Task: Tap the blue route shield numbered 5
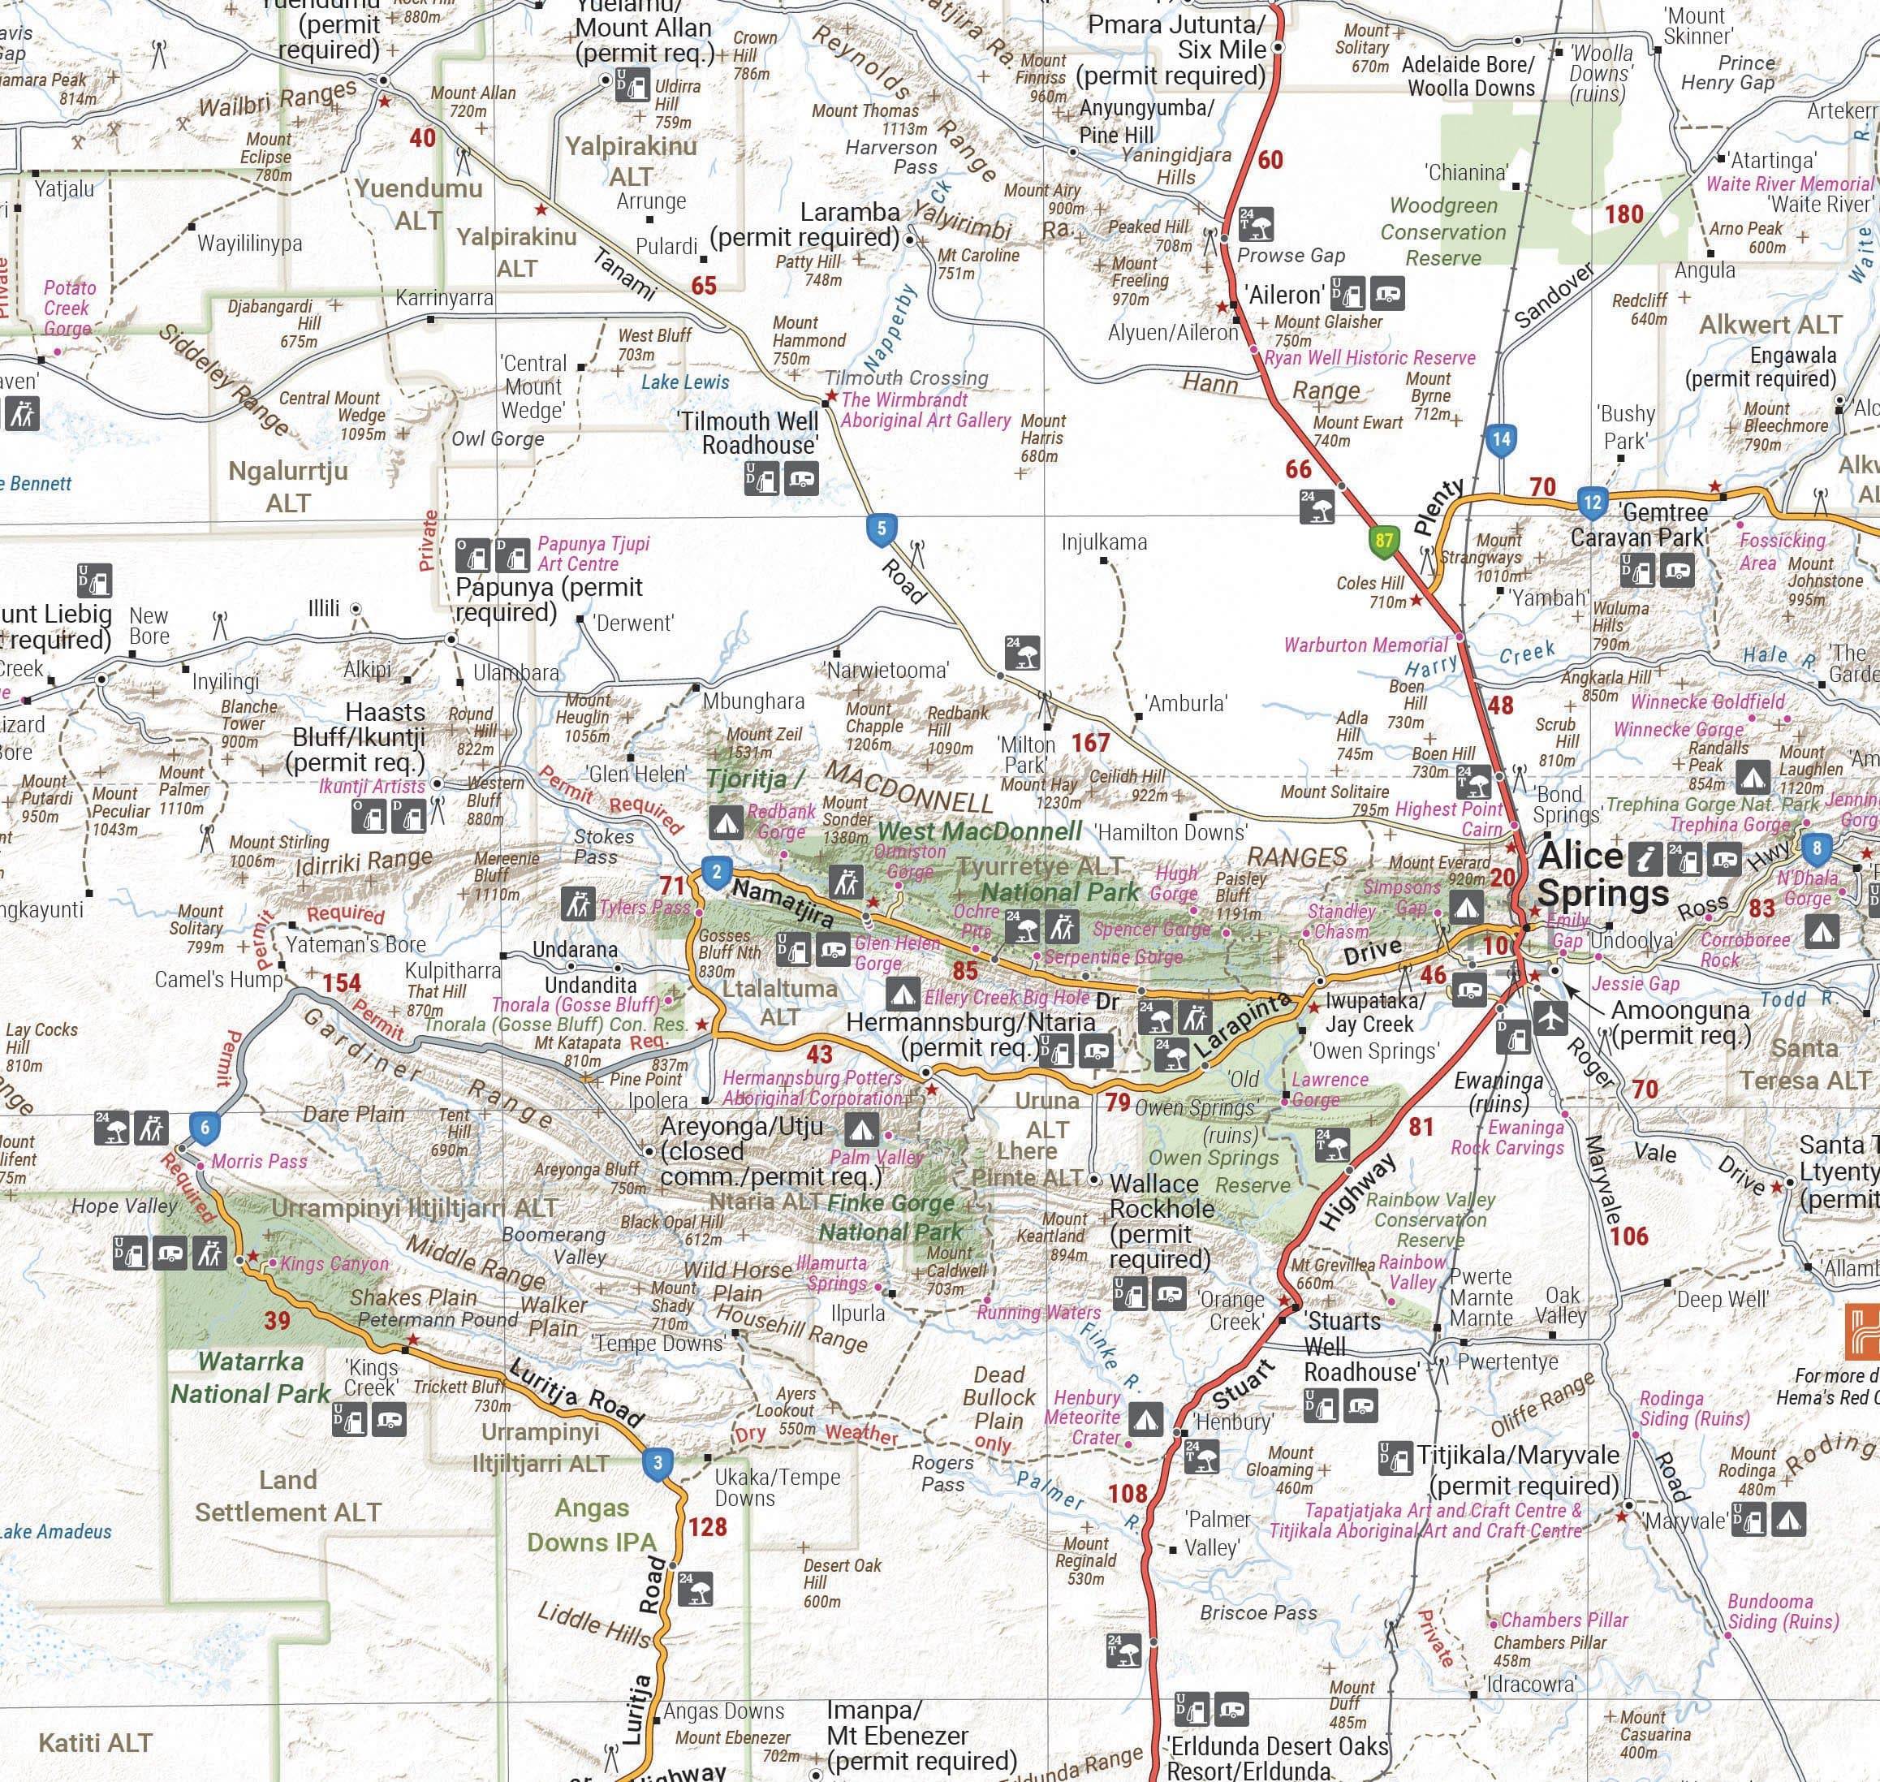[x=882, y=529]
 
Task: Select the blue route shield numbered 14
[x=1500, y=439]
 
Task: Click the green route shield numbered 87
[x=1384, y=542]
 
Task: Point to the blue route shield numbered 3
[x=658, y=1463]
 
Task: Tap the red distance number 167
[x=1090, y=742]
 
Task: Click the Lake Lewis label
[x=685, y=382]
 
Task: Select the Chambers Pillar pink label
[x=1563, y=1620]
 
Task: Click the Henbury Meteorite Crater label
[x=1083, y=1417]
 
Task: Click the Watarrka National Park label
[x=251, y=1378]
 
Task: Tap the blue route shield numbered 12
[x=1592, y=502]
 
